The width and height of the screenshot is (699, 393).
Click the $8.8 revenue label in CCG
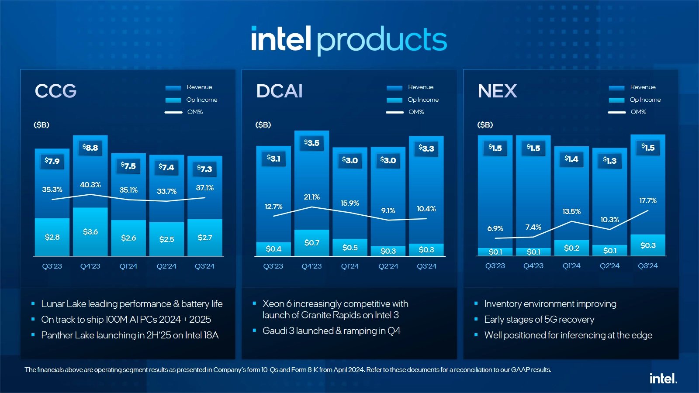coord(90,148)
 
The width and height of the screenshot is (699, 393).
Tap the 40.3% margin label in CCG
coord(90,185)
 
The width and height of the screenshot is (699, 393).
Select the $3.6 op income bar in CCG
coord(90,232)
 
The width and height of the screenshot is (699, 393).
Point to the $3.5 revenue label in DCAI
coord(312,143)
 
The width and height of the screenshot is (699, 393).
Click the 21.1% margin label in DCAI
coord(312,197)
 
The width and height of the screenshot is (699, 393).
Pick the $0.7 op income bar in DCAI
coord(312,243)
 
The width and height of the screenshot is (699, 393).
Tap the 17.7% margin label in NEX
coord(648,201)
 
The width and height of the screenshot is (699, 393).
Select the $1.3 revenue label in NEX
coord(610,161)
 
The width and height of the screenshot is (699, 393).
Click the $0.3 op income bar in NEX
coord(648,245)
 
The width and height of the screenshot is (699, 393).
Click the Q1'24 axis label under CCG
coord(128,266)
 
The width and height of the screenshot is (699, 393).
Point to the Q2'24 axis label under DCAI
coord(388,266)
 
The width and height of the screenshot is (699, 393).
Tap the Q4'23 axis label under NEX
coord(533,266)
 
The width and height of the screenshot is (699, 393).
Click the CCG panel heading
coord(56,91)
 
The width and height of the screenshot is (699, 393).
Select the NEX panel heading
coord(497,91)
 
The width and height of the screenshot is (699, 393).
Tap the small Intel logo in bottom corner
coord(663,379)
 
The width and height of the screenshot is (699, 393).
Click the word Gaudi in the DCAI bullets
coord(274,331)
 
